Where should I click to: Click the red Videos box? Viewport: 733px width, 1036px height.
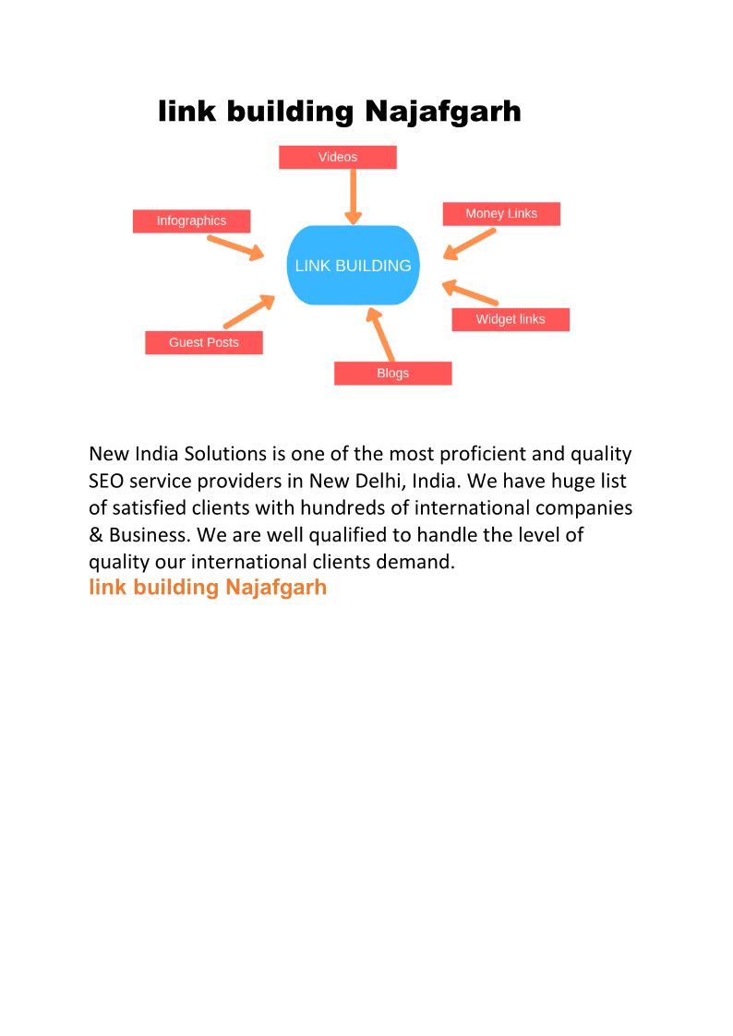click(x=337, y=157)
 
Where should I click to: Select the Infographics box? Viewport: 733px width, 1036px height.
click(x=191, y=220)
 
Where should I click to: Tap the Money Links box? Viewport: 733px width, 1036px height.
click(x=500, y=213)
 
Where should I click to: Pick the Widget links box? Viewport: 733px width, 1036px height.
click(x=510, y=319)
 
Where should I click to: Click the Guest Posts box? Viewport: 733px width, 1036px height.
click(x=203, y=342)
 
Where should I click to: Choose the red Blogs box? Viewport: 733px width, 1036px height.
click(x=392, y=373)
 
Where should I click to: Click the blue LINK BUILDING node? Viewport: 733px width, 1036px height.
click(x=353, y=265)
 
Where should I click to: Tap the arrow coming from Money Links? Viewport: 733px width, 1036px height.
click(x=470, y=244)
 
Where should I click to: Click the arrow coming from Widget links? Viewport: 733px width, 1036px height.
click(x=470, y=292)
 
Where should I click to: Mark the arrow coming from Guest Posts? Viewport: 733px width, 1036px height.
click(x=249, y=312)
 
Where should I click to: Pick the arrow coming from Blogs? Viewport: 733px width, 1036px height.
click(x=381, y=335)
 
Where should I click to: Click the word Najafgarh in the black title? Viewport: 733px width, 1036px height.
click(x=443, y=113)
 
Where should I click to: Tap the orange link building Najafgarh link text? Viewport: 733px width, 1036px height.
click(x=208, y=588)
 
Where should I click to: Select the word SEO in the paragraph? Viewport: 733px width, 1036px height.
click(x=106, y=481)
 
